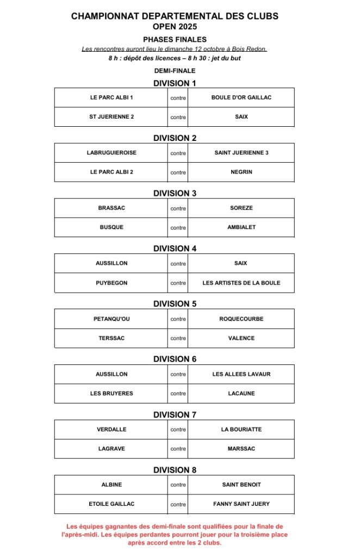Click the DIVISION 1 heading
click(175, 83)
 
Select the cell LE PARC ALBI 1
click(111, 98)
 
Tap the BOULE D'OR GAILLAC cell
click(241, 98)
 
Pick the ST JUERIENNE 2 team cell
click(111, 117)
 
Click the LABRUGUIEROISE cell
click(111, 153)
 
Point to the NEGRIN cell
click(241, 172)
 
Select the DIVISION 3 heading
click(175, 193)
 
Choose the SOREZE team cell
click(241, 208)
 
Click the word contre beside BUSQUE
click(178, 228)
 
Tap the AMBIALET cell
click(241, 227)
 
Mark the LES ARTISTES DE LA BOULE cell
click(241, 283)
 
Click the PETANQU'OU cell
click(111, 319)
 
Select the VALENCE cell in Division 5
click(241, 338)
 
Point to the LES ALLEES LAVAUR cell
click(241, 374)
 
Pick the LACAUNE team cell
click(241, 393)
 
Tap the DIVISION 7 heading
click(175, 414)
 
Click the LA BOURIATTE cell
click(241, 430)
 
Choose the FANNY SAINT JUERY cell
click(241, 504)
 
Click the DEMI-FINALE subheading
click(175, 71)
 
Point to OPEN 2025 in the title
click(175, 26)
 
